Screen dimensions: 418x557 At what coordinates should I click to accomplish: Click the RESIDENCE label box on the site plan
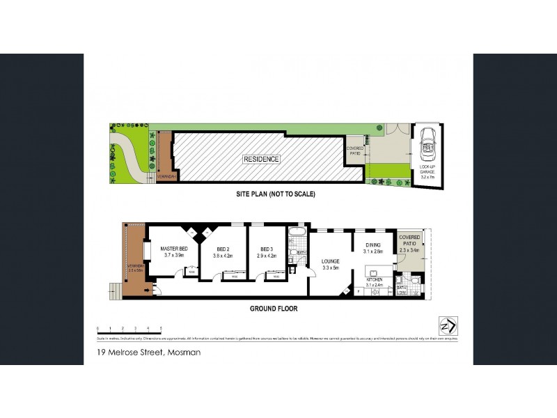(261, 159)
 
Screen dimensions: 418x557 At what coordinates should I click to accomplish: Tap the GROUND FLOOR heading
(274, 308)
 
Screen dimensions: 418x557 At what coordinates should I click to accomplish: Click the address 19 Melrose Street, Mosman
(150, 353)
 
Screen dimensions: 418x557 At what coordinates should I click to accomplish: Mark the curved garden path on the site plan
(130, 157)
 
